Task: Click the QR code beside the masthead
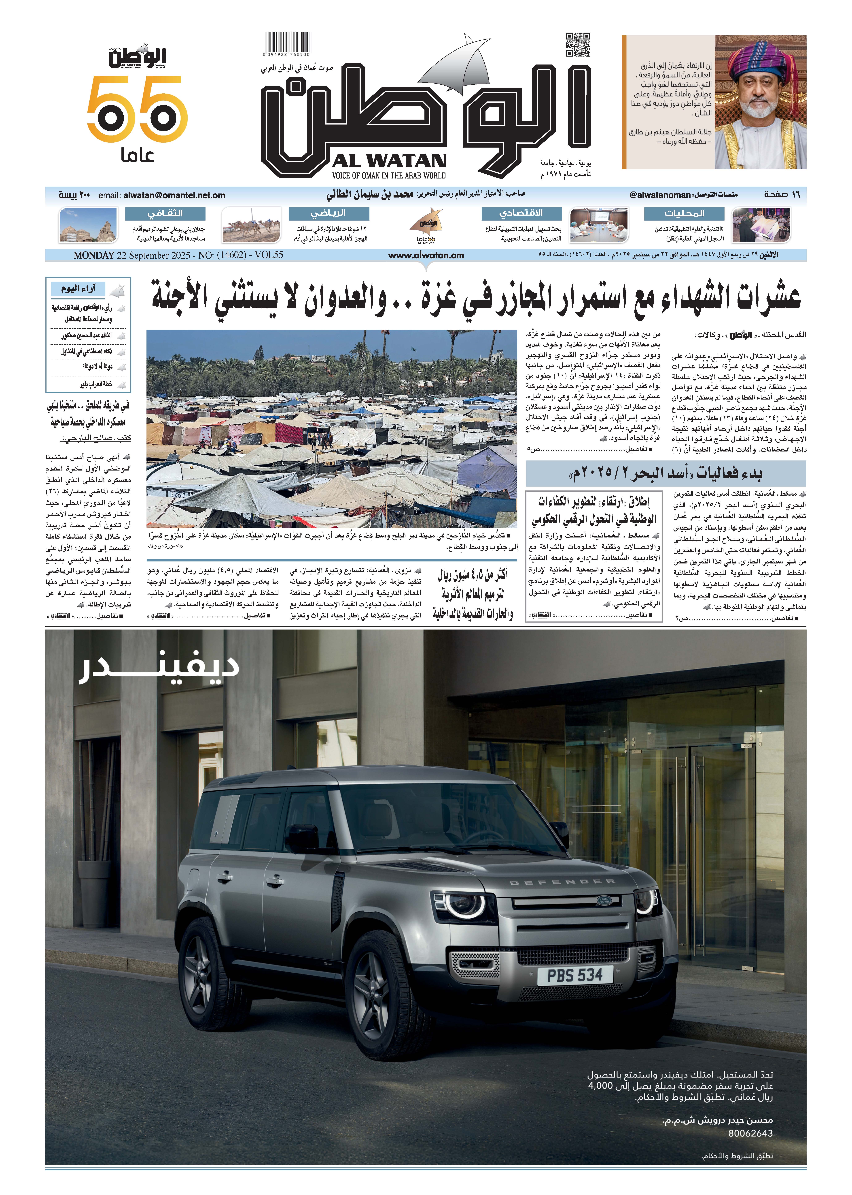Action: pyautogui.click(x=578, y=45)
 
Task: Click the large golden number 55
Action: pyautogui.click(x=138, y=109)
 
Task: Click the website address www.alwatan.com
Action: pyautogui.click(x=426, y=256)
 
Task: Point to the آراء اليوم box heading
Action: pyautogui.click(x=79, y=289)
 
